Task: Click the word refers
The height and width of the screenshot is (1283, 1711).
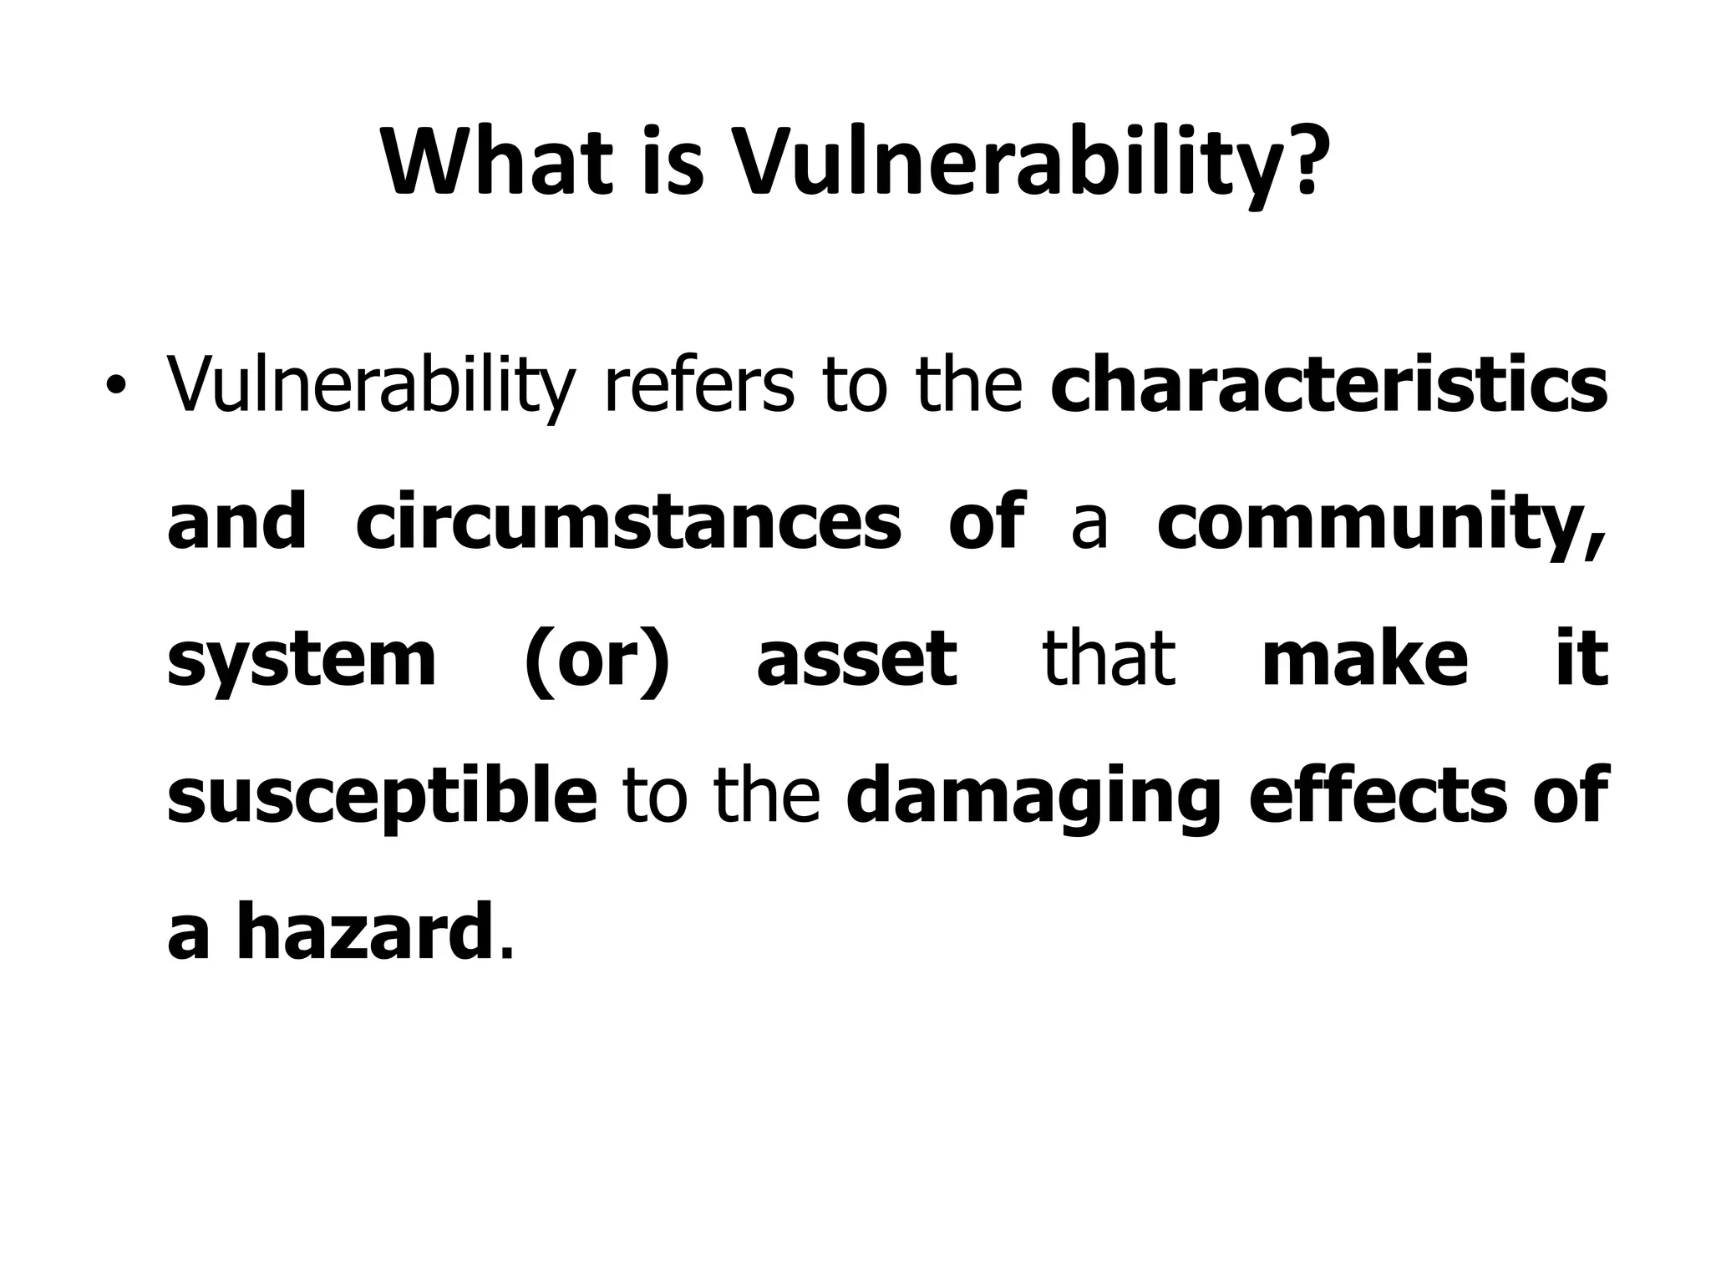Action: pos(698,386)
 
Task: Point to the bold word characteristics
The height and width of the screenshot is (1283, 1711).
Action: pos(1328,386)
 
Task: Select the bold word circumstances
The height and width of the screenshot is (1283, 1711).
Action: pos(628,523)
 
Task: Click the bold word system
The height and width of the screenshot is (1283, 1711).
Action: pos(302,660)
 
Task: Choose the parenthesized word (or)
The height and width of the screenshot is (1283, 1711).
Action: pos(597,660)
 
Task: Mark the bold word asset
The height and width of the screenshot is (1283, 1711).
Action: pos(856,660)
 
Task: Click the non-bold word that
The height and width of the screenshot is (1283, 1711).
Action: pos(1109,660)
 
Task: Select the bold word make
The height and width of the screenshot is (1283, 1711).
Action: pos(1365,660)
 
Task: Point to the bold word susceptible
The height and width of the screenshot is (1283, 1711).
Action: pos(382,797)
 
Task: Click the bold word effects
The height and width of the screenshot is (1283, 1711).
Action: pos(1378,797)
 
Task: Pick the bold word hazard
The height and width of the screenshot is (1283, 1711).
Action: pos(363,933)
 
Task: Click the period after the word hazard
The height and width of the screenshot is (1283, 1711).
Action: pos(503,952)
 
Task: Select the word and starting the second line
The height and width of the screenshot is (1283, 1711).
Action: pos(236,523)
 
